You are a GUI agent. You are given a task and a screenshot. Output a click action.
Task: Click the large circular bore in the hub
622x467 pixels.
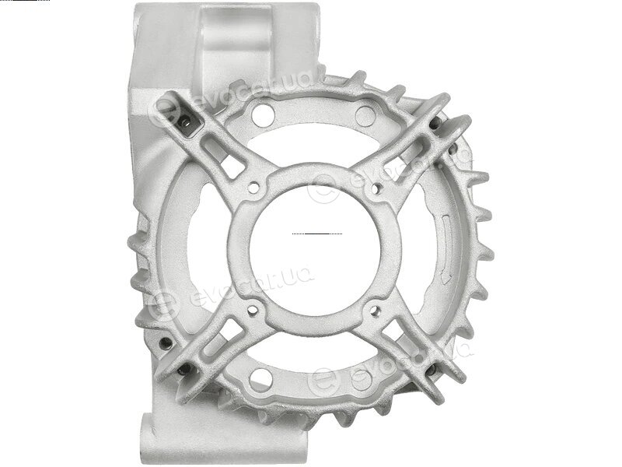(x=315, y=251)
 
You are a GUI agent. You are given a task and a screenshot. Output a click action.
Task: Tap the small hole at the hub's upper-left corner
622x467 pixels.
(x=253, y=187)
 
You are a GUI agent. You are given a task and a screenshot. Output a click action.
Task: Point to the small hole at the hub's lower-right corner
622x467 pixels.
(x=375, y=310)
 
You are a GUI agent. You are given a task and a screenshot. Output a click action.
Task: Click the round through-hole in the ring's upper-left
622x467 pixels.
(x=263, y=116)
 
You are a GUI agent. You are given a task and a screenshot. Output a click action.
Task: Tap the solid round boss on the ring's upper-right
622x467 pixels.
(x=365, y=116)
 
